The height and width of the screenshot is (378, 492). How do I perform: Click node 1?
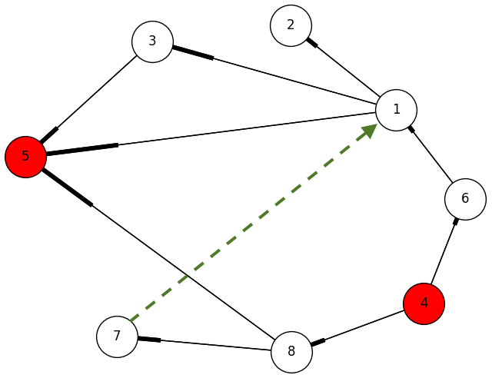(x=396, y=110)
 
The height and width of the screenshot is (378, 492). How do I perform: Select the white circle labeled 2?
(x=291, y=25)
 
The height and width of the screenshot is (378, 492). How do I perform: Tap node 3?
(x=152, y=41)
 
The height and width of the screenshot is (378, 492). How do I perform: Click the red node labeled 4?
(x=424, y=303)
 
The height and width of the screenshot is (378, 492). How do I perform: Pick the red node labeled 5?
(x=25, y=157)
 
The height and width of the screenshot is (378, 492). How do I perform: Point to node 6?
(x=465, y=199)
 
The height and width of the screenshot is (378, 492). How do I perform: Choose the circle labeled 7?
(x=117, y=337)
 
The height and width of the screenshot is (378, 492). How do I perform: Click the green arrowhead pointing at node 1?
(x=369, y=130)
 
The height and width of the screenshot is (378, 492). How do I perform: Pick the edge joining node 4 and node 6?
(x=444, y=251)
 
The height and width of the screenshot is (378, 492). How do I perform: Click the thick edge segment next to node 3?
(x=193, y=53)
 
